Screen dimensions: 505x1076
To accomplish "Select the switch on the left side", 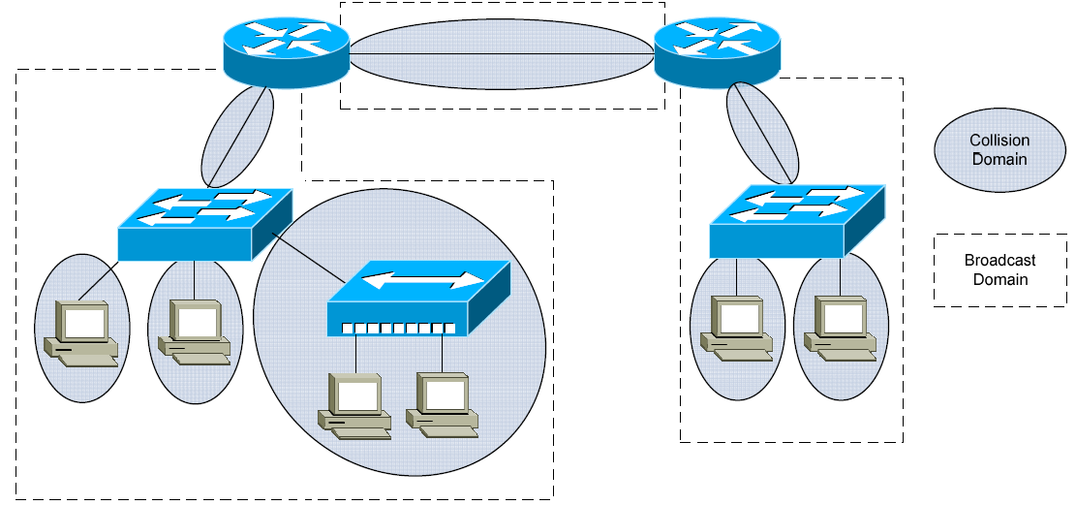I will [x=203, y=225].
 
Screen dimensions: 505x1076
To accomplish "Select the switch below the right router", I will [x=796, y=222].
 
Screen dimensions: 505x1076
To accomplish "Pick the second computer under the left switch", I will [x=196, y=331].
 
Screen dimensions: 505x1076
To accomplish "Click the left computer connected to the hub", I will [x=355, y=405].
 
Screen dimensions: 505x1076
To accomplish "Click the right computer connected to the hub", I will [x=444, y=403].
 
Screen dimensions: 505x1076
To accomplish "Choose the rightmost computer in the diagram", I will [x=840, y=328].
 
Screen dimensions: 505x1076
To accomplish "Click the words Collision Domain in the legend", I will [x=999, y=150].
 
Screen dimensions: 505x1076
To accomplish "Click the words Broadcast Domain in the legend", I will [x=999, y=269].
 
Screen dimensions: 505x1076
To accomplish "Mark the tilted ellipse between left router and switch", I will [x=237, y=136].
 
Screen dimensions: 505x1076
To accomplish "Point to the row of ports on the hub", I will [x=397, y=328].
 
